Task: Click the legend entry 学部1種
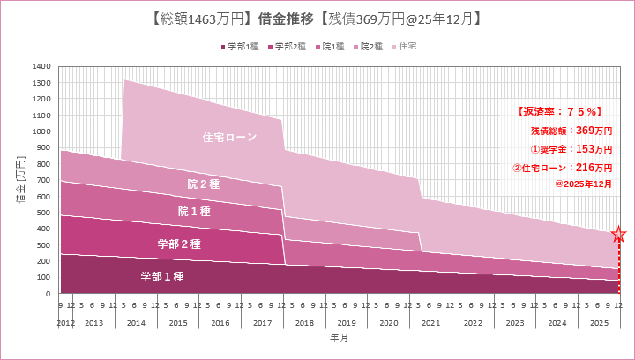coord(242,46)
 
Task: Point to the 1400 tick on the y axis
coord(41,66)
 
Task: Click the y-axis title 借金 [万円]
coord(20,180)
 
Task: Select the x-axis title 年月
coord(340,338)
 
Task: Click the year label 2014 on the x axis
coord(135,323)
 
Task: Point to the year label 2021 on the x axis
coord(430,323)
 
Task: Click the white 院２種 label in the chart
coord(203,184)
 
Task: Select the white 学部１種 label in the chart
coord(161,276)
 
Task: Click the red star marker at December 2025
coord(619,235)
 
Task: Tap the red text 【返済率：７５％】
coord(559,111)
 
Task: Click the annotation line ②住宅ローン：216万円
coord(562,167)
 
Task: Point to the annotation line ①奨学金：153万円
coord(571,148)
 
